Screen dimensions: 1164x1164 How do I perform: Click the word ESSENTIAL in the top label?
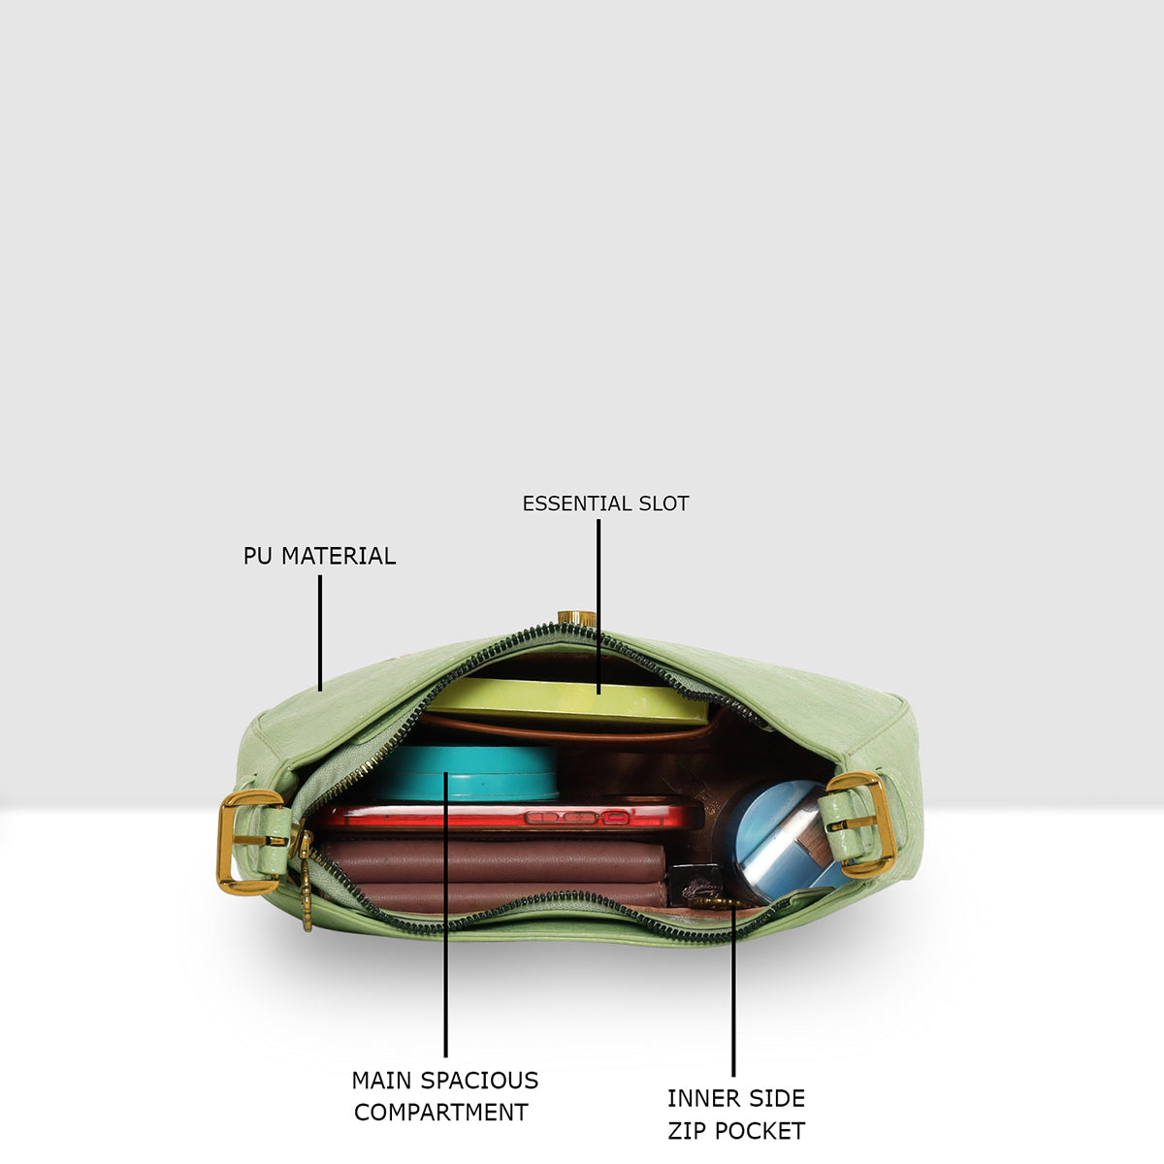tap(577, 503)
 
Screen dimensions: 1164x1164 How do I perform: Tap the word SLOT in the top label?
tap(663, 503)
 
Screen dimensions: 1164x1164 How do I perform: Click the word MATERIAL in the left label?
tap(339, 557)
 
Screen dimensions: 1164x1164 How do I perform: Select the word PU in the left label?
tap(258, 557)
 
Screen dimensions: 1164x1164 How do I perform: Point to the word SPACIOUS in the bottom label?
tap(479, 1081)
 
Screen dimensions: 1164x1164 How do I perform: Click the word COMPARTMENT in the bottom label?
tap(441, 1113)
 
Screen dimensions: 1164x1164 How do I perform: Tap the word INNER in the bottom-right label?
tap(699, 1099)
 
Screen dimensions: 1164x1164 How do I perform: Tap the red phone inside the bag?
tap(510, 817)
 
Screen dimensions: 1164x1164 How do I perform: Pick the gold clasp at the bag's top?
tap(576, 617)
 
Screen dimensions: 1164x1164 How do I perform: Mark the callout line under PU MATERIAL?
tap(319, 633)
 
